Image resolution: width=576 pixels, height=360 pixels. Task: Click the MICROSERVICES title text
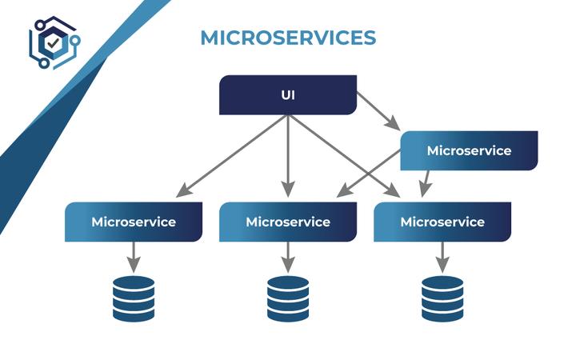(287, 38)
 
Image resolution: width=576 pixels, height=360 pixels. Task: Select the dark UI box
(288, 95)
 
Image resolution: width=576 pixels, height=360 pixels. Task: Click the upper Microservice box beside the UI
(469, 150)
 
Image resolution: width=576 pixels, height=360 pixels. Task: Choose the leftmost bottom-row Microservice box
(134, 222)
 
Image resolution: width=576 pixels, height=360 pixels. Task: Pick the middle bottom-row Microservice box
(288, 222)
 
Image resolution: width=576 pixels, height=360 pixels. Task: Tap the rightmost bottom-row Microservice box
(442, 222)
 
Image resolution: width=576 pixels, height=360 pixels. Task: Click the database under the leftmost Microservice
(134, 298)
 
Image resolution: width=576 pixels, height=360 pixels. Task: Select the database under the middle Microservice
(288, 298)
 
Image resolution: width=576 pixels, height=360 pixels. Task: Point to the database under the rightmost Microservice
(442, 298)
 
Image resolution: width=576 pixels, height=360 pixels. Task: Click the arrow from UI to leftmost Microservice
(232, 155)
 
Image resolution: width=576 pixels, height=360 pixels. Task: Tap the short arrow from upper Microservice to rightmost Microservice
(426, 183)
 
